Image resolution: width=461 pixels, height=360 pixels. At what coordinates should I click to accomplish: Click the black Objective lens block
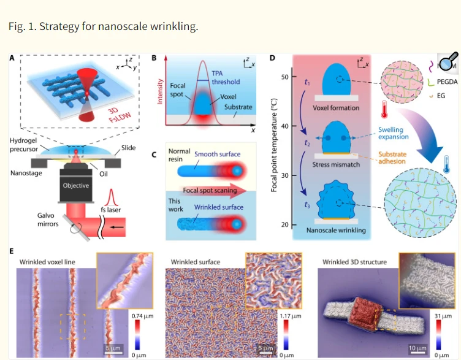pyautogui.click(x=76, y=185)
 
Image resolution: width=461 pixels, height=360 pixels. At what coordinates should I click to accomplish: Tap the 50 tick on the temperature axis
pyautogui.click(x=284, y=77)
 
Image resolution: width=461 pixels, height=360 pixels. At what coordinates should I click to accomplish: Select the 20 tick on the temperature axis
pyautogui.click(x=284, y=224)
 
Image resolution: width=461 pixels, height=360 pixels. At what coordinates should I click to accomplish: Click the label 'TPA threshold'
pyautogui.click(x=226, y=78)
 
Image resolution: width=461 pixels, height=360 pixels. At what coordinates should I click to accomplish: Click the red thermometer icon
pyautogui.click(x=384, y=109)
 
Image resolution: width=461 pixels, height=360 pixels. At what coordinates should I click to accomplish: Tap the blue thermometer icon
pyautogui.click(x=446, y=164)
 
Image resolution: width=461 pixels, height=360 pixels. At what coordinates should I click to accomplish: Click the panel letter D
pyautogui.click(x=272, y=58)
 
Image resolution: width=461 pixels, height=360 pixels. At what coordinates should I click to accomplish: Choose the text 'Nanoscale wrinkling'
pyautogui.click(x=336, y=231)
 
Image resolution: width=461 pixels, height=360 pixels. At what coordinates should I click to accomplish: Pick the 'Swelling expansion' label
pyautogui.click(x=394, y=133)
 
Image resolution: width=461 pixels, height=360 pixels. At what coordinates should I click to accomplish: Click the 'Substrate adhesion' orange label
pyautogui.click(x=392, y=158)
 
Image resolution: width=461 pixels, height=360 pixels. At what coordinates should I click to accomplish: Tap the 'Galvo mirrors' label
pyautogui.click(x=48, y=220)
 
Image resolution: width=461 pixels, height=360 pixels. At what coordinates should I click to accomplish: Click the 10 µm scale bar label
pyautogui.click(x=417, y=348)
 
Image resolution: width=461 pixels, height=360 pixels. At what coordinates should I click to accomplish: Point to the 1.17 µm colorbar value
pyautogui.click(x=291, y=316)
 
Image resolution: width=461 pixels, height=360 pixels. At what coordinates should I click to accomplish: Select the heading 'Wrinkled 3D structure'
pyautogui.click(x=354, y=262)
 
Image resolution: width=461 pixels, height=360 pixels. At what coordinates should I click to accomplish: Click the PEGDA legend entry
pyautogui.click(x=447, y=82)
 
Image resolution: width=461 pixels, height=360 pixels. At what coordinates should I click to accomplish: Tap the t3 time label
pyautogui.click(x=307, y=205)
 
